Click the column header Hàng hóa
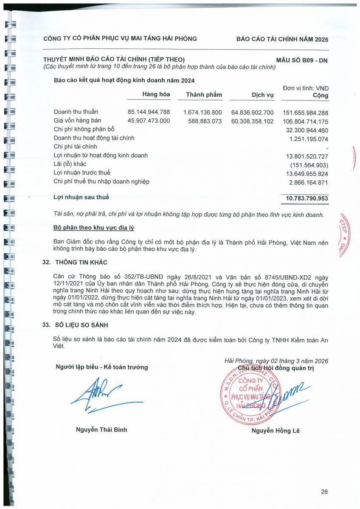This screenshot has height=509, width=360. [x=156, y=94]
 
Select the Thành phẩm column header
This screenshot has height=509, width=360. [x=204, y=95]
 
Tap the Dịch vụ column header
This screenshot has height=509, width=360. [x=263, y=95]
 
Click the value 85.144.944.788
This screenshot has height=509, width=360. [x=149, y=112]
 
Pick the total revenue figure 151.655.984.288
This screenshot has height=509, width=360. [x=305, y=113]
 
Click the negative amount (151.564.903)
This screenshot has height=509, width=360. [x=309, y=165]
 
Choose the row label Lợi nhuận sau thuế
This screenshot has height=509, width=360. [x=82, y=197]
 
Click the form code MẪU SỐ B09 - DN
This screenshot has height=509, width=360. [x=302, y=60]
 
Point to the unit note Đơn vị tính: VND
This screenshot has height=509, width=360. [x=306, y=88]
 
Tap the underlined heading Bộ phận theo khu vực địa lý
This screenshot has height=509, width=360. [x=94, y=228]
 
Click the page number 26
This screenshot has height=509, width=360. [x=324, y=492]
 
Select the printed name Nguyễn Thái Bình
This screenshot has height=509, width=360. [x=101, y=430]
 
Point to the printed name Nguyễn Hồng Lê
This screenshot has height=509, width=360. [x=276, y=431]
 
